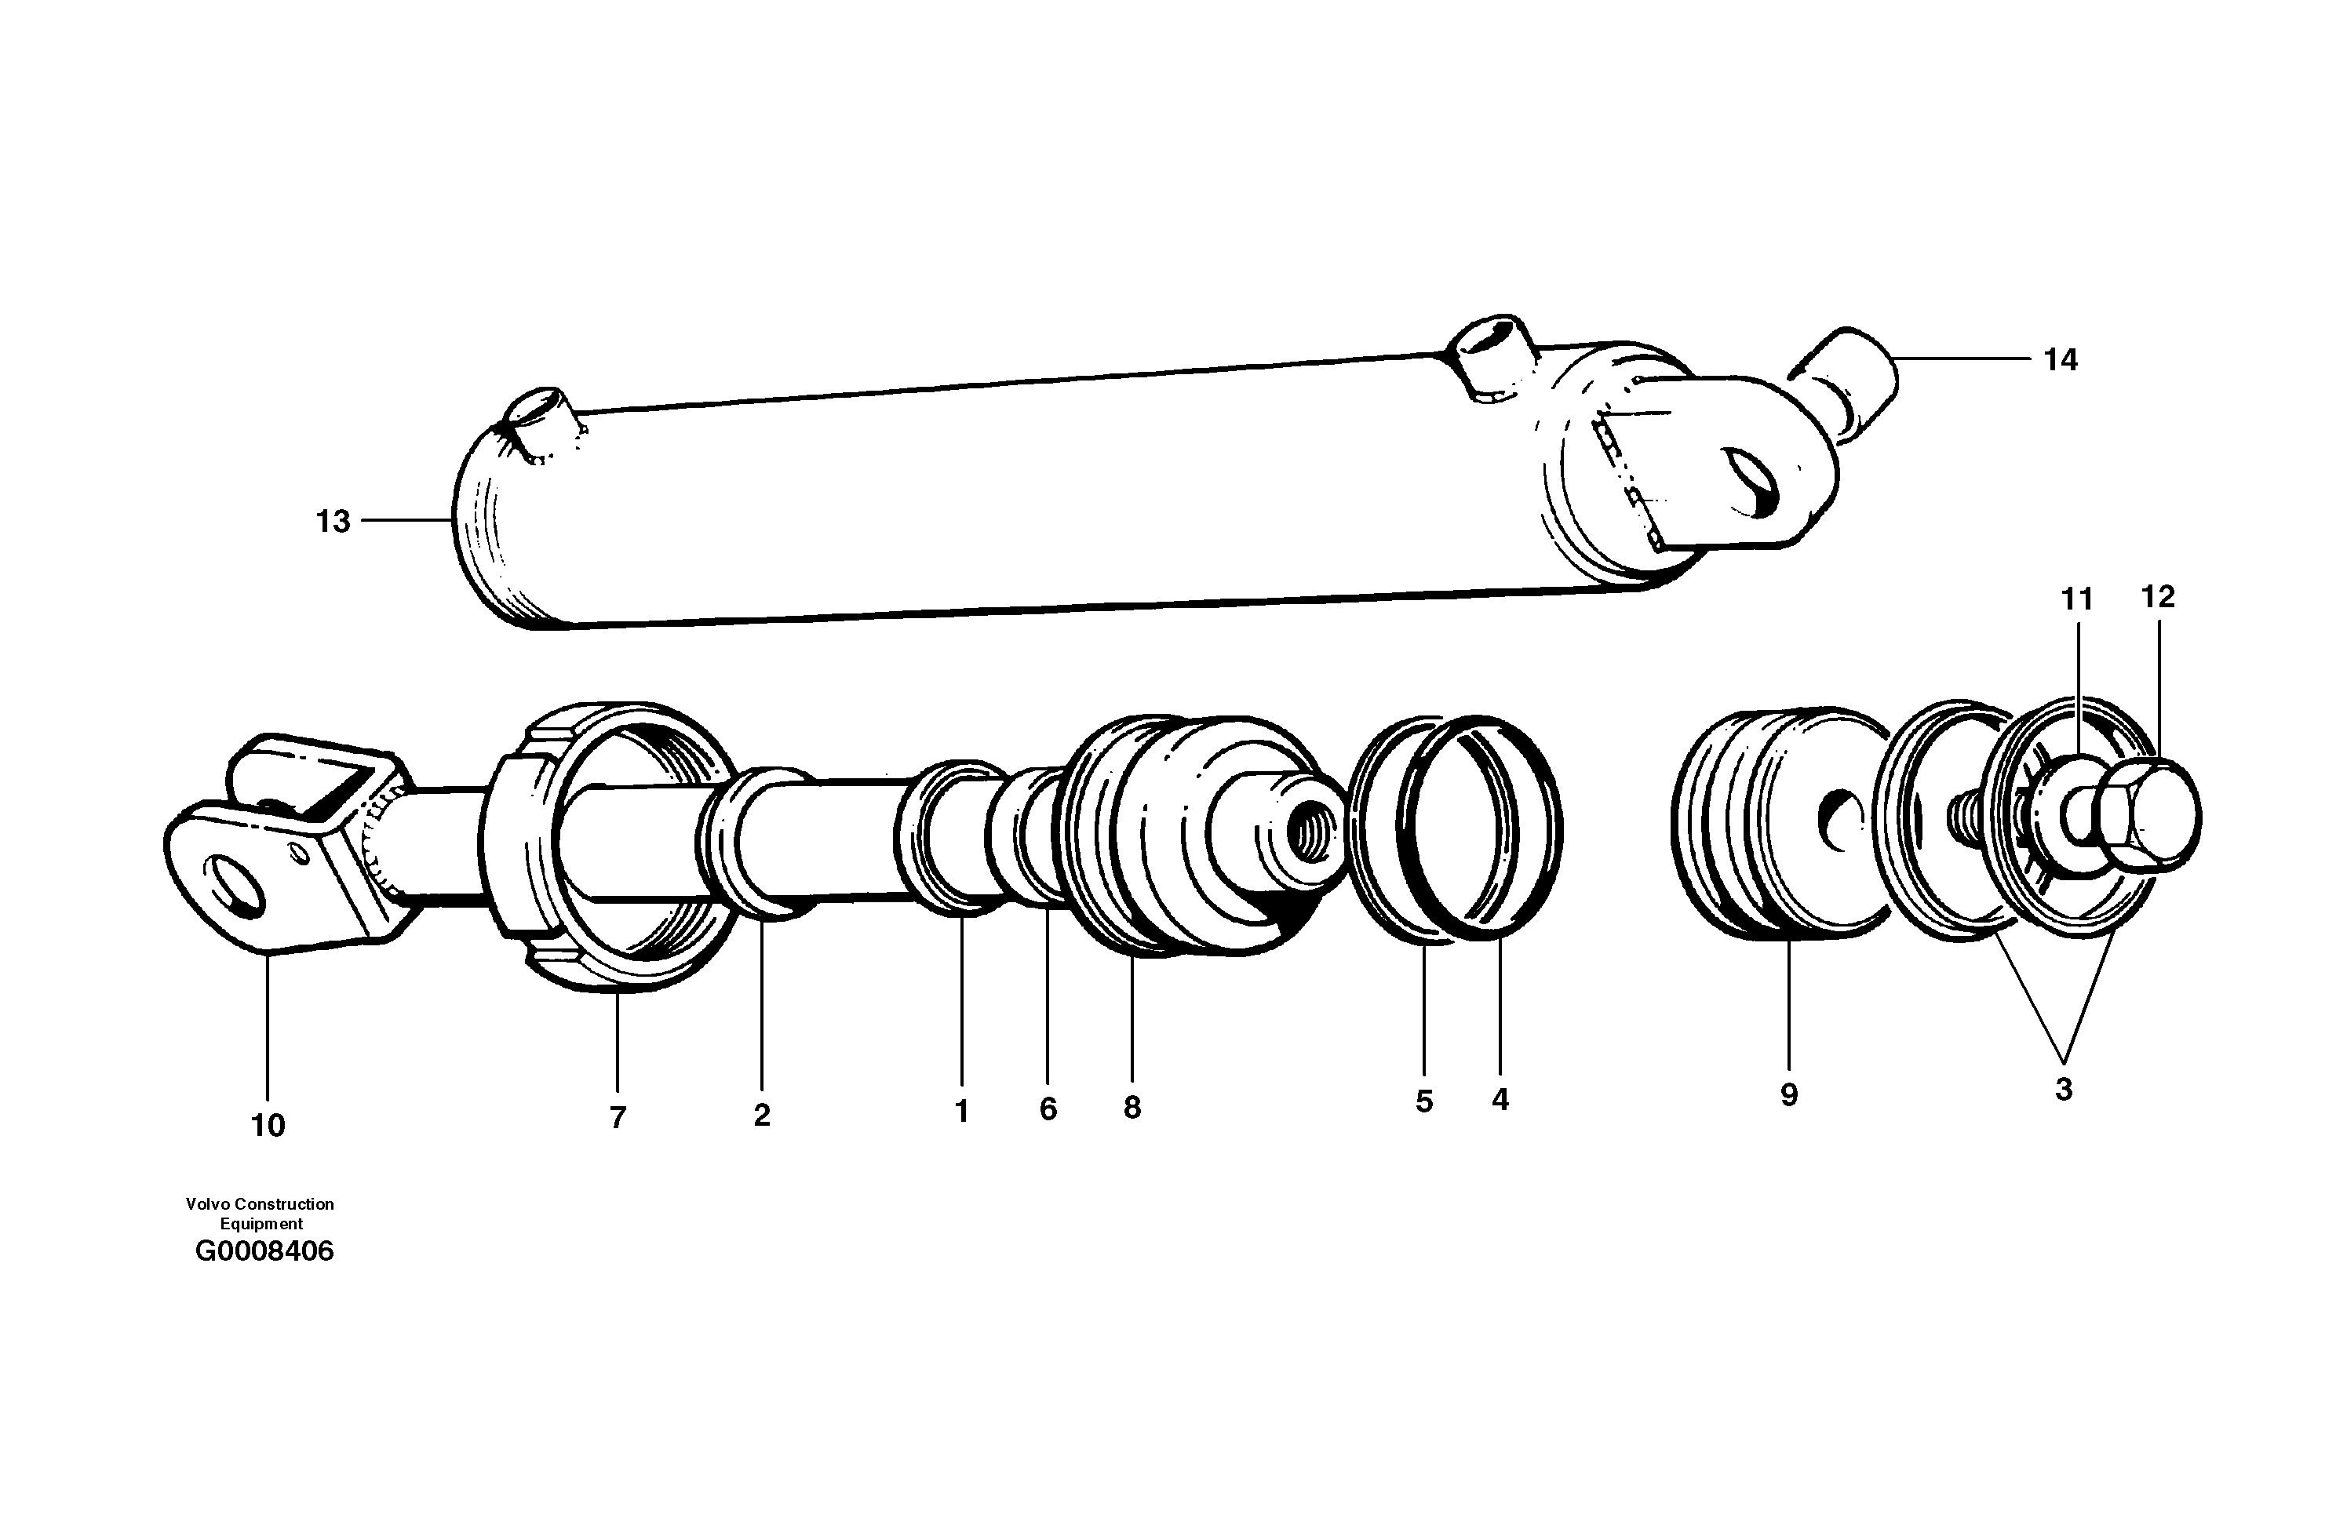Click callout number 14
coord(2061,360)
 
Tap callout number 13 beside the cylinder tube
coord(333,521)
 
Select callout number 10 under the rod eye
coord(268,1126)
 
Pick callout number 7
coord(618,1118)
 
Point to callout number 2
coord(762,1115)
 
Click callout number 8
coord(1132,1108)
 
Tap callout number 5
coord(1424,1101)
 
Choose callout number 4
coord(1500,1100)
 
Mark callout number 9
coord(1788,1095)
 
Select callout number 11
coord(2076,599)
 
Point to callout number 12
coord(2157,597)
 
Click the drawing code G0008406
coord(264,1252)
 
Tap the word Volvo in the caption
coord(207,1204)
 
